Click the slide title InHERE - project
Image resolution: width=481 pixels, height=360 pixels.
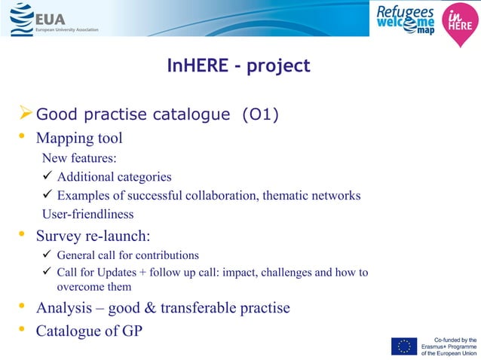tap(238, 66)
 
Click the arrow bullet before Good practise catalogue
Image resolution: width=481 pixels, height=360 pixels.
tap(25, 114)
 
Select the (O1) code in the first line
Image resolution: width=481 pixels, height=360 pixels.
tap(259, 115)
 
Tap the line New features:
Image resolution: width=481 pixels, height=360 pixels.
tap(79, 158)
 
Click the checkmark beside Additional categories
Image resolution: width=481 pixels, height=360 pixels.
tap(47, 177)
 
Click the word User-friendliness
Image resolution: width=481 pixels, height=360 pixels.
tap(87, 215)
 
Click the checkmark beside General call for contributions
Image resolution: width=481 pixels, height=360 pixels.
tap(47, 255)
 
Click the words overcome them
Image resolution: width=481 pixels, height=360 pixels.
tap(94, 287)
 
